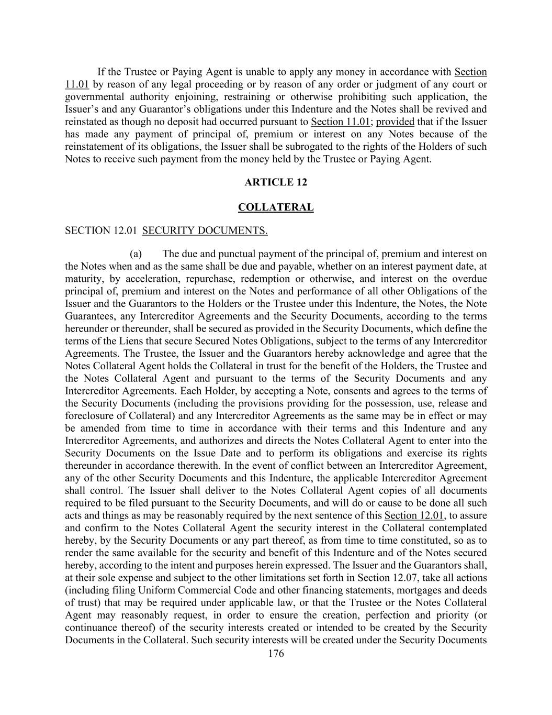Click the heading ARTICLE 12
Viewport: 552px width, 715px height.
(275, 182)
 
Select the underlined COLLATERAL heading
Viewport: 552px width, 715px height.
(275, 207)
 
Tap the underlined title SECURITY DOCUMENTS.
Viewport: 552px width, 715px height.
(205, 230)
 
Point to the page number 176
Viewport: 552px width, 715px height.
(275, 653)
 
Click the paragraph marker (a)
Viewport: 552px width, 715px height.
(136, 254)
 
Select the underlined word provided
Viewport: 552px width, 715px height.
(395, 122)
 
